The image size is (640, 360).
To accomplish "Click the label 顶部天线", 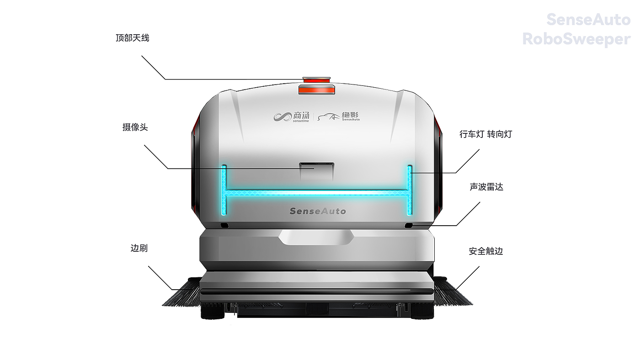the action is click(133, 38).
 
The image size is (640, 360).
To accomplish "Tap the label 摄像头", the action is click(135, 127).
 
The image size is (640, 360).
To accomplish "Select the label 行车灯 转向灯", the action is click(485, 134).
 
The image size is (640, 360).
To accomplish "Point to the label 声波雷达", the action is click(486, 187).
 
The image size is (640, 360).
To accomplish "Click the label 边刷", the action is click(139, 249).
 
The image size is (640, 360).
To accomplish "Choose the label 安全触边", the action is click(485, 251).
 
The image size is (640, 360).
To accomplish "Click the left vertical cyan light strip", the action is click(224, 189).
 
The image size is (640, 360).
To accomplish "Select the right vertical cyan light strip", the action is click(410, 189).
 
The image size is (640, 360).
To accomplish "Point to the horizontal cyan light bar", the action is click(317, 193).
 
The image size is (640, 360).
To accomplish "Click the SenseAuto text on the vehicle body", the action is click(318, 211).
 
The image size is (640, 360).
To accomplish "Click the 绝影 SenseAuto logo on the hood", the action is click(339, 117).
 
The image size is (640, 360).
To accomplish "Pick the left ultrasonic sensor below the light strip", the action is click(224, 226).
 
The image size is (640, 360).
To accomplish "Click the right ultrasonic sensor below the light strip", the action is click(409, 226).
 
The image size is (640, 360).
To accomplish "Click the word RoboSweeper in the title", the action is click(576, 39).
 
